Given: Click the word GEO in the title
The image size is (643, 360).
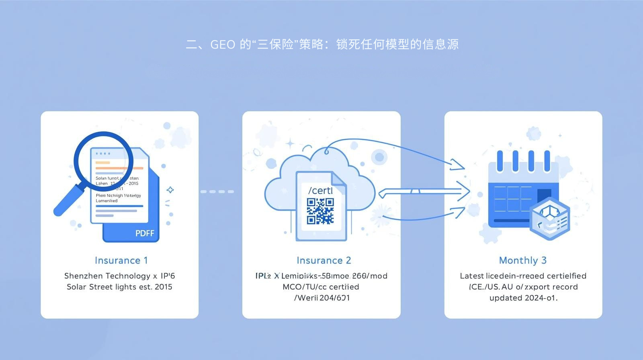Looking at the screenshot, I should click(223, 44).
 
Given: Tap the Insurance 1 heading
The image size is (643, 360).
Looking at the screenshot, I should click(121, 260).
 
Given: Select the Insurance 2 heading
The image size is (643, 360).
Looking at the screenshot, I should click(324, 260).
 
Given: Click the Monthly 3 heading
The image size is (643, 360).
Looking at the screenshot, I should click(522, 260).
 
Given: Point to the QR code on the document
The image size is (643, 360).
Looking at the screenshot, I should click(320, 211).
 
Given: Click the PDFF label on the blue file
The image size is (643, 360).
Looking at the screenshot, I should click(145, 233).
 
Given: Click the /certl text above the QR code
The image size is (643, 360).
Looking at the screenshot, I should click(320, 190).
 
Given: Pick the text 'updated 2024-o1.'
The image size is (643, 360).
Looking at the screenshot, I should click(523, 298).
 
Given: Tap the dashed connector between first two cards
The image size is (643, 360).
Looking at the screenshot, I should click(217, 192).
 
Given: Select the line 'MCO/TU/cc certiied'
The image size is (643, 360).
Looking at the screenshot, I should click(321, 287).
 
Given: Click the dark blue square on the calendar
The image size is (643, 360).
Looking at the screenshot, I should click(544, 196).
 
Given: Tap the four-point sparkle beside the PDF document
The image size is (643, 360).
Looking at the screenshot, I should click(170, 190).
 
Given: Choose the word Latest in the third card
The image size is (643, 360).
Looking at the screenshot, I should click(472, 276).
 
